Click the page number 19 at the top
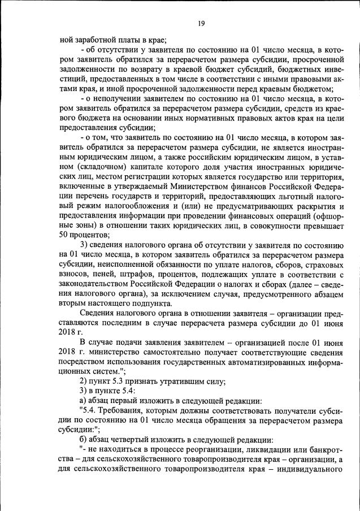201,23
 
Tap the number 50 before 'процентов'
64,235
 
